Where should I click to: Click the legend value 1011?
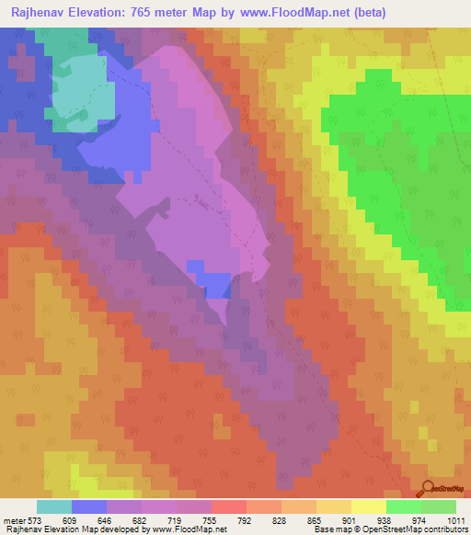(x=454, y=520)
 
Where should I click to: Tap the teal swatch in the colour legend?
(x=54, y=507)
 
